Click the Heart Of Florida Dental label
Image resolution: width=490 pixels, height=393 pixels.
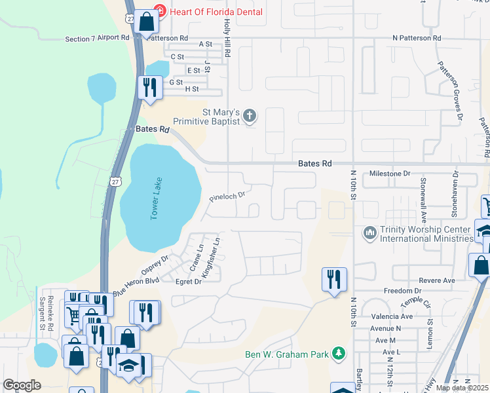tap(217, 12)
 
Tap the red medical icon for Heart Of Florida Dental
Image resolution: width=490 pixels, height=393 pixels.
tap(159, 11)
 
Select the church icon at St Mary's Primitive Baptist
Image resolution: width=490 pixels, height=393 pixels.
tap(249, 117)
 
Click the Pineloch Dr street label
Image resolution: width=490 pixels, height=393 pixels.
tap(227, 195)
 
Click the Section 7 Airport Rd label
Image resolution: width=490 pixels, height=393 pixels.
tap(97, 39)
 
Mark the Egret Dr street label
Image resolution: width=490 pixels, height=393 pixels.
tap(189, 282)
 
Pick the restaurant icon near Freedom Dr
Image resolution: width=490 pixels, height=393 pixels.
tap(334, 280)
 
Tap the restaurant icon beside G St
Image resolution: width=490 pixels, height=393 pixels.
tap(150, 87)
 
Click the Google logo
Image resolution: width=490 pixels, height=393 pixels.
tap(22, 385)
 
